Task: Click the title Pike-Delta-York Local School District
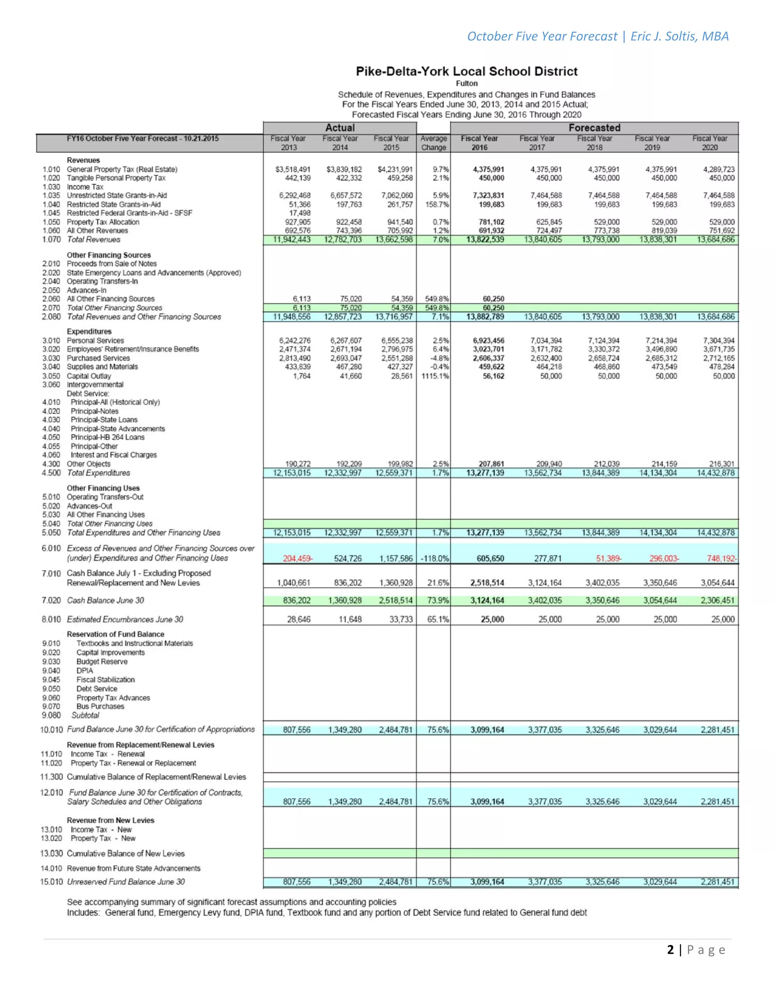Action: pos(467,71)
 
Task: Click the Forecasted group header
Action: pos(594,127)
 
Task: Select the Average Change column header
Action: pos(433,143)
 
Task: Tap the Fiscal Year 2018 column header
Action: pos(594,143)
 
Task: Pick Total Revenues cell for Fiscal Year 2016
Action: pos(485,239)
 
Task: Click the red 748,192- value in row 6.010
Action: pos(721,558)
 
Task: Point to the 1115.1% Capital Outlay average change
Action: pos(435,376)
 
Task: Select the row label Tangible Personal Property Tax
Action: pos(116,178)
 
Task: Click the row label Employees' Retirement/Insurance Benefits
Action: pos(133,349)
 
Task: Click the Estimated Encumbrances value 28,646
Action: pos(299,619)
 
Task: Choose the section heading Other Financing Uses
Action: pos(103,488)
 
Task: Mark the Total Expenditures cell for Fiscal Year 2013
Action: pos(291,473)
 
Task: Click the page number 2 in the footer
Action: pos(670,950)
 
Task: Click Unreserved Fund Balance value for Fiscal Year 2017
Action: pos(545,882)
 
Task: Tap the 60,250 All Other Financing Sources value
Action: pos(493,299)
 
